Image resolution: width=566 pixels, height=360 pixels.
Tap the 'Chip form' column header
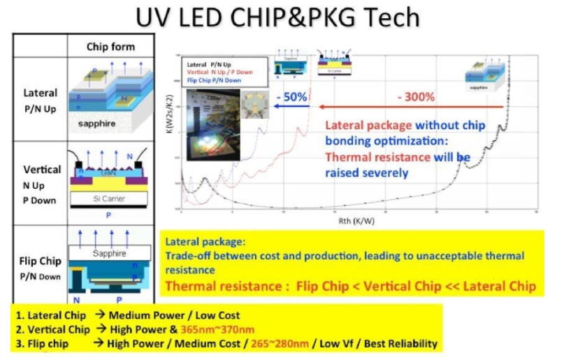tap(110, 47)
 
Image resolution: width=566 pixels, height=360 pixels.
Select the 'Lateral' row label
tap(41, 93)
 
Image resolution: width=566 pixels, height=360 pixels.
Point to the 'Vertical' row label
tap(42, 170)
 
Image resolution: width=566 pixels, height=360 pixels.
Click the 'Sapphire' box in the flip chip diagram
tap(111, 254)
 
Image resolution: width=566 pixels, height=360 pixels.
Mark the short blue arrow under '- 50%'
tap(291, 107)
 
